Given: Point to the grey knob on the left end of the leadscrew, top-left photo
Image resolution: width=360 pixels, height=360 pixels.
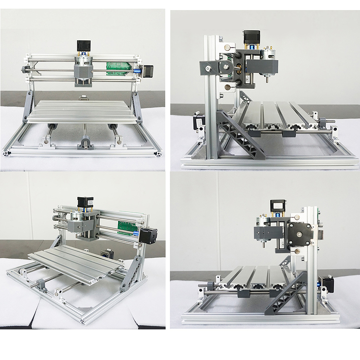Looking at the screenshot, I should click(x=24, y=70).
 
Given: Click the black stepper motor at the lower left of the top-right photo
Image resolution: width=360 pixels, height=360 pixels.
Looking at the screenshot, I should click(x=197, y=122).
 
